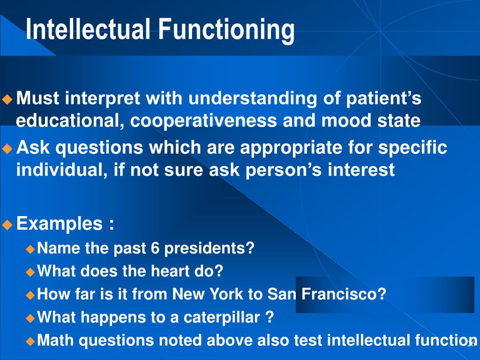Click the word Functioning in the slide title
(226, 29)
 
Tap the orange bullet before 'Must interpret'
(7, 99)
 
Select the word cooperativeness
(203, 121)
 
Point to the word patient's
(384, 99)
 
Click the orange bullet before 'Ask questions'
(7, 149)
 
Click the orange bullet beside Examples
(7, 224)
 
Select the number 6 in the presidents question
(156, 248)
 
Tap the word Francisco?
(344, 294)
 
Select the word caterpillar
(221, 317)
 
